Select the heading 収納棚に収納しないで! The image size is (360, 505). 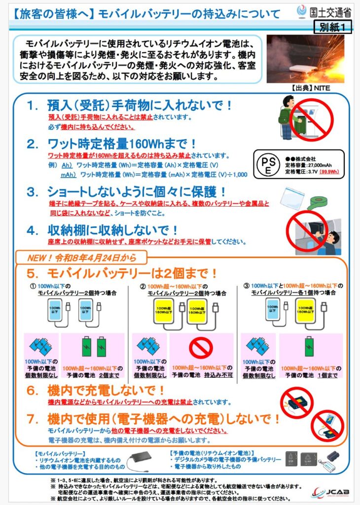tap(113, 230)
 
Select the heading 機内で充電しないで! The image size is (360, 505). tap(107, 391)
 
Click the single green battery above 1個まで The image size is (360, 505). tap(309, 346)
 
